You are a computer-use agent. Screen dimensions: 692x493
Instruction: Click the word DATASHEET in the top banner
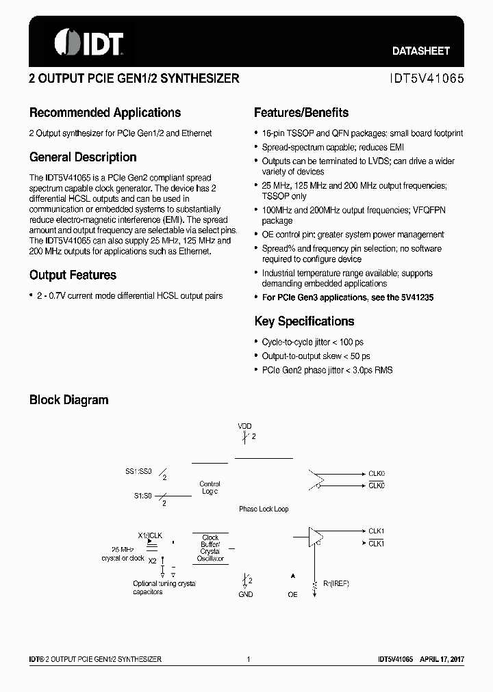click(x=421, y=51)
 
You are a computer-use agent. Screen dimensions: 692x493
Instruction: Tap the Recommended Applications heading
click(x=105, y=113)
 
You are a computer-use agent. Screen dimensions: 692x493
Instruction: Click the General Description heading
click(x=83, y=157)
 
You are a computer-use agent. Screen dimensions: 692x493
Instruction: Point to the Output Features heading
click(x=73, y=275)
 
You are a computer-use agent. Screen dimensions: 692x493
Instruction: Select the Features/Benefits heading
click(x=301, y=113)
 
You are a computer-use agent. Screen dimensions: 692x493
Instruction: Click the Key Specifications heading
click(x=304, y=321)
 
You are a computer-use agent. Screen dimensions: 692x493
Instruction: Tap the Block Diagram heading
click(x=68, y=400)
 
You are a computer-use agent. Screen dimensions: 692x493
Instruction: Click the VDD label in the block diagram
click(x=244, y=426)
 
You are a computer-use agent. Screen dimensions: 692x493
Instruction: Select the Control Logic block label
click(x=210, y=488)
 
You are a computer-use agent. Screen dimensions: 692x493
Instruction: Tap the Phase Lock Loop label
click(x=264, y=509)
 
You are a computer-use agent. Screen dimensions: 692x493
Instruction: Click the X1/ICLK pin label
click(x=150, y=535)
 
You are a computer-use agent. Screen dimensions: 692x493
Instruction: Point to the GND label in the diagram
click(x=245, y=594)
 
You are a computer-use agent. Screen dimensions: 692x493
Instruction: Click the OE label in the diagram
click(x=292, y=594)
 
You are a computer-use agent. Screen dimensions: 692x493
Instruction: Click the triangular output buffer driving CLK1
click(x=316, y=536)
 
